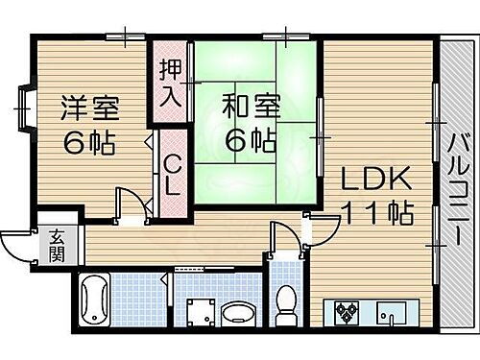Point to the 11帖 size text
coord(380,213)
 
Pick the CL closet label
coord(172,176)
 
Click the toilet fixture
coord(284,308)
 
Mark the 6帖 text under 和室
coord(249,139)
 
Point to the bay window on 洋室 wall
coord(24,108)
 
